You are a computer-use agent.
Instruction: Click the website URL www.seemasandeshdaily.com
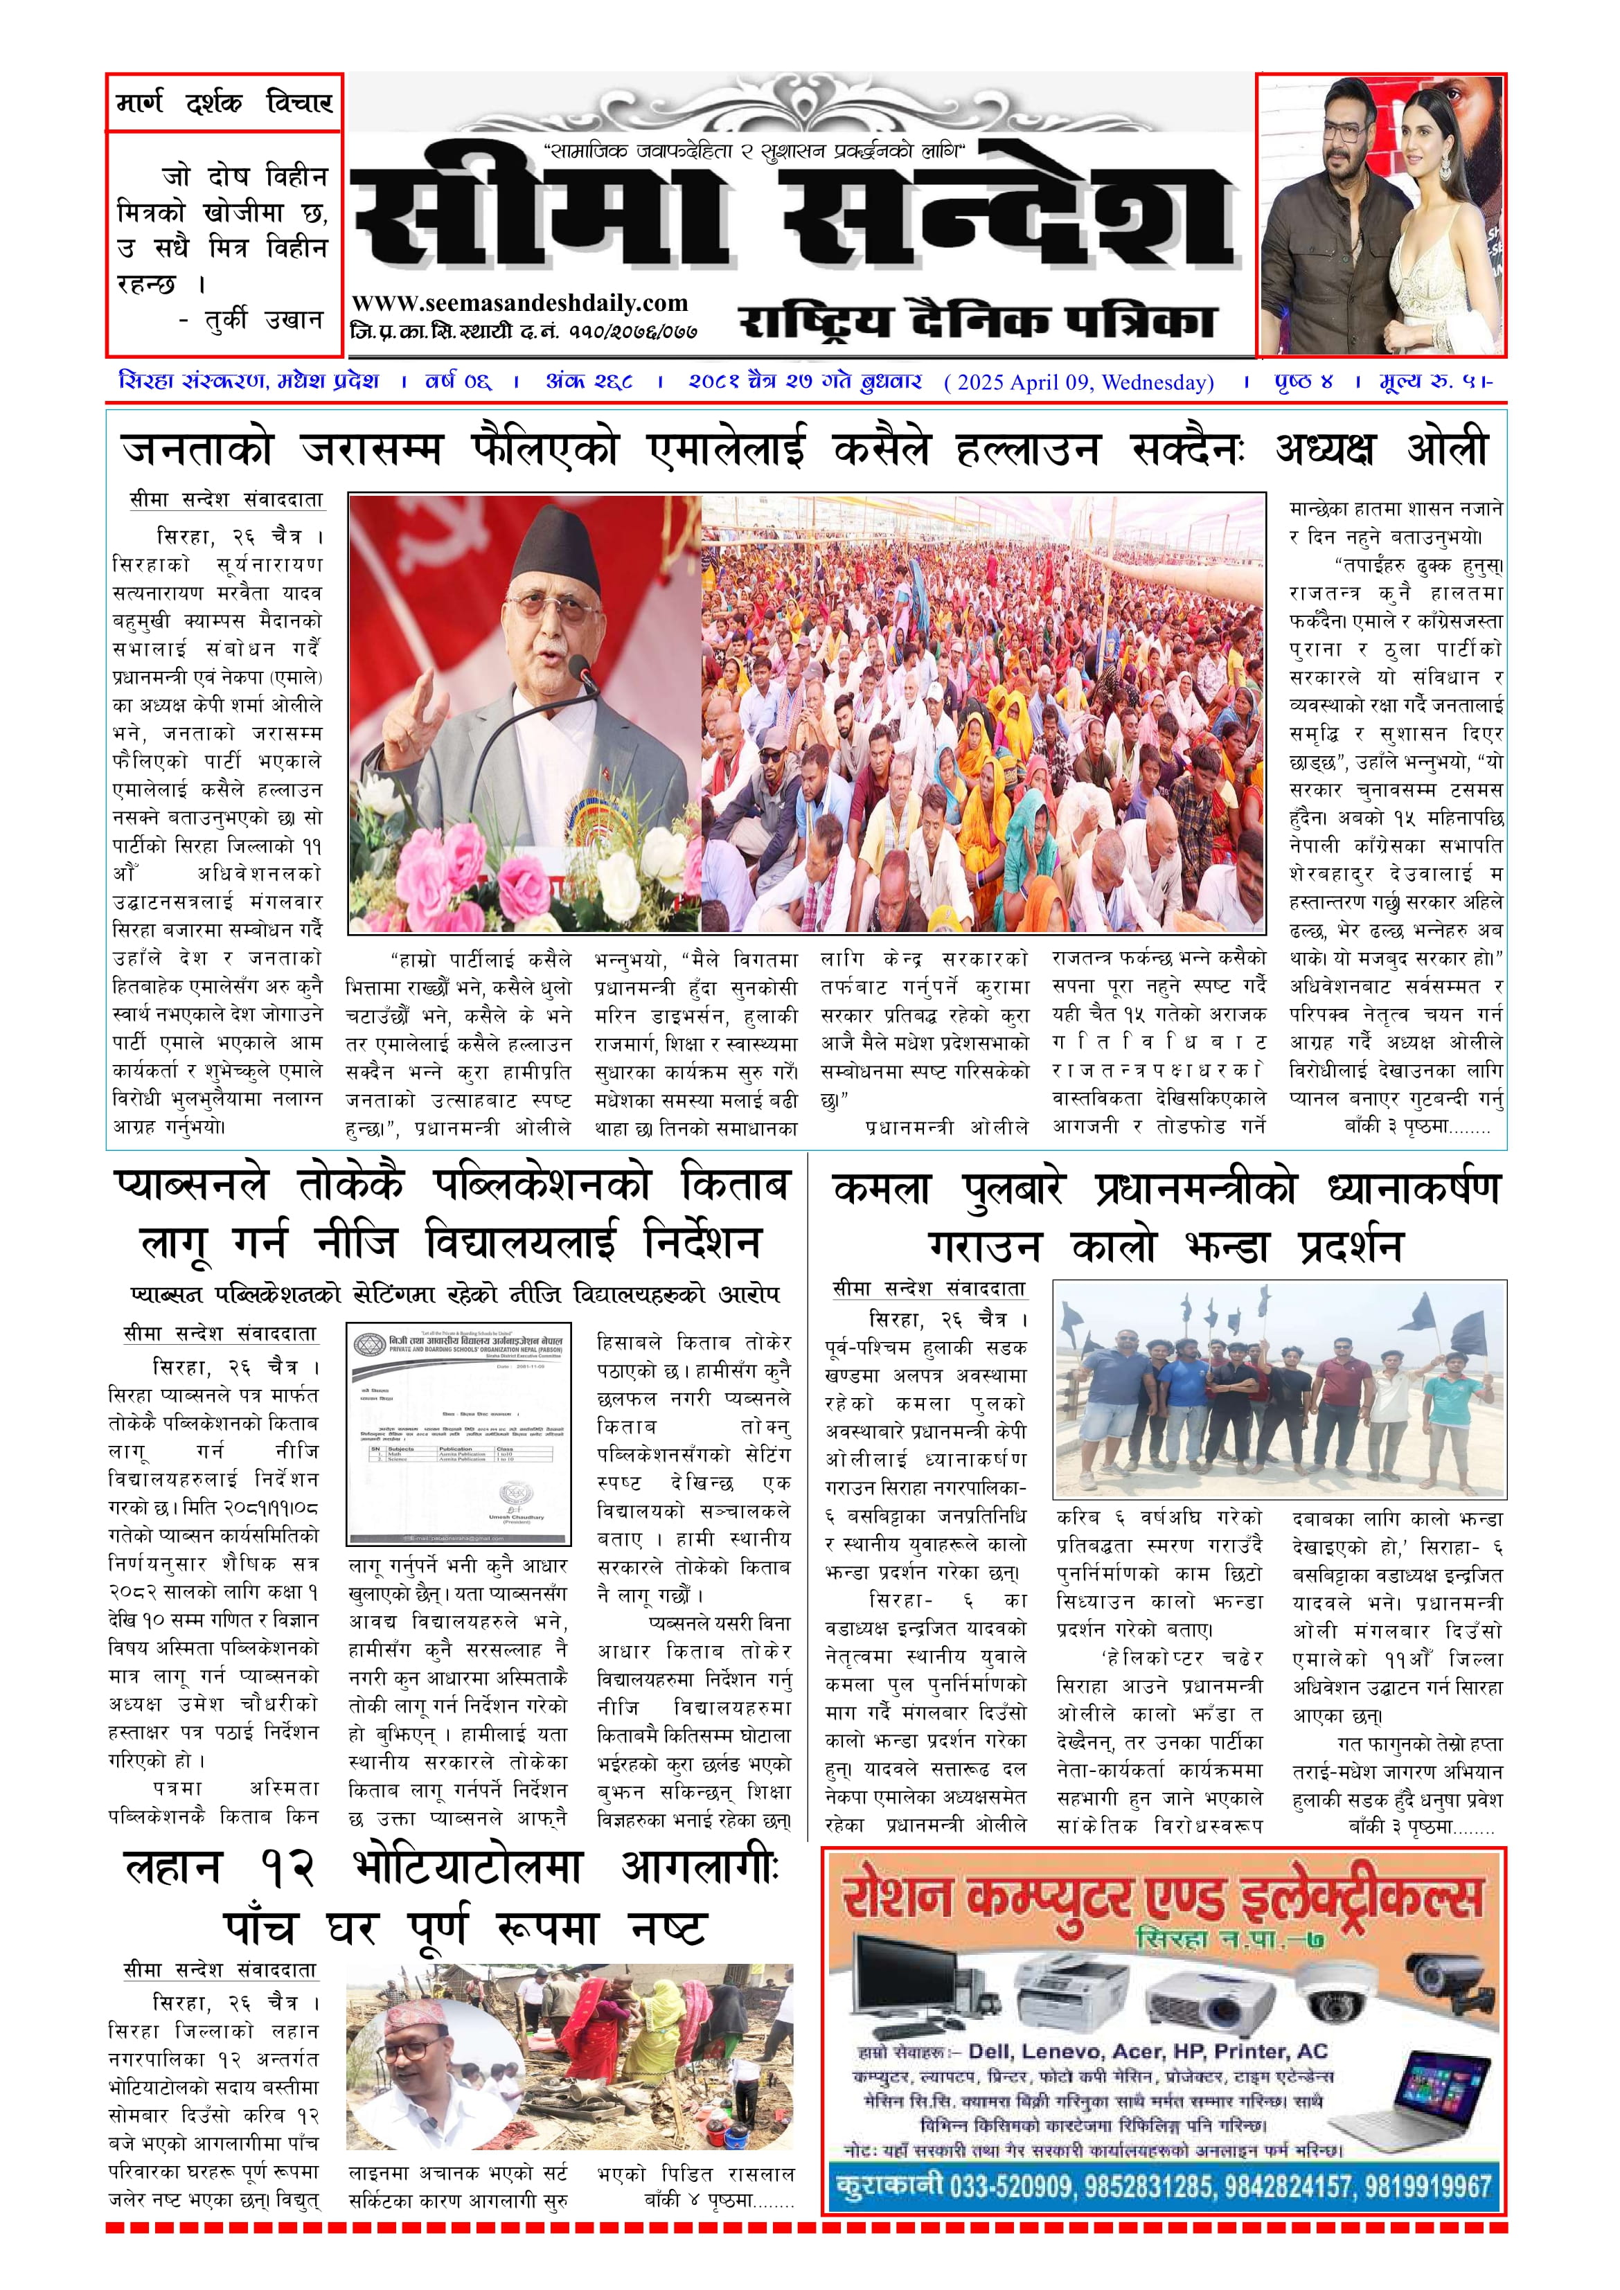[519, 303]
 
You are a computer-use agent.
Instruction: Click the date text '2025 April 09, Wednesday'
[1079, 383]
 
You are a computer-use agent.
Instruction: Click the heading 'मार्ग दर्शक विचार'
[224, 102]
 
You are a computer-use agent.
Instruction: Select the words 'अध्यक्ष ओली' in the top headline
[1382, 451]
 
